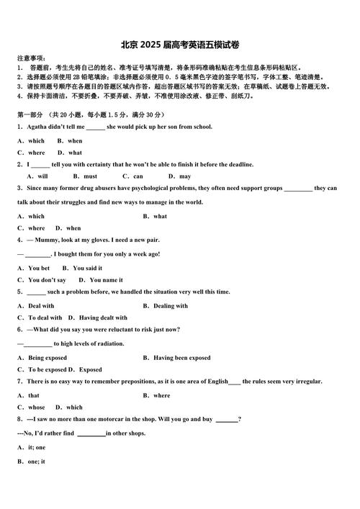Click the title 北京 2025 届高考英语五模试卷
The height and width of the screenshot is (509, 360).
point(179,44)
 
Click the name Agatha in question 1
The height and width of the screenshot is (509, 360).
point(40,127)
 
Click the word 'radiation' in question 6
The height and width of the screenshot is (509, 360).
point(109,344)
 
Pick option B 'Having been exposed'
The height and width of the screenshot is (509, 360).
point(177,358)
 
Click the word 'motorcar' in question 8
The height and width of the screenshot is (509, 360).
point(110,419)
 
